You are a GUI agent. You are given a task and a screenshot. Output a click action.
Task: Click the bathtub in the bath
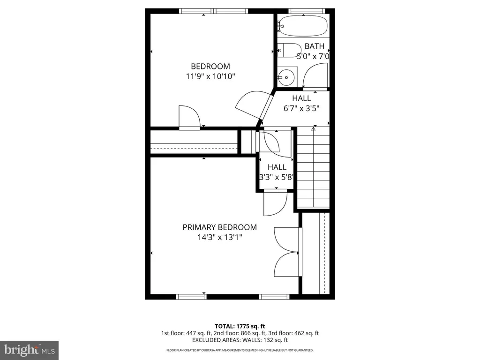coord(303,26)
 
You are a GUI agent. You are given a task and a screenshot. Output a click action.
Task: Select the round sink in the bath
coord(286,77)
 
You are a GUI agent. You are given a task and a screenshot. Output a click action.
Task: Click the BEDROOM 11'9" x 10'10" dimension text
coord(210,76)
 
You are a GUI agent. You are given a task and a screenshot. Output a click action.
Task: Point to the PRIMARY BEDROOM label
coord(219,227)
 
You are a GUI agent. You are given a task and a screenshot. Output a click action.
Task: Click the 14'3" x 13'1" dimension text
coord(219,237)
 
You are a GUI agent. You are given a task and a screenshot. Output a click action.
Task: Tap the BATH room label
coord(315,46)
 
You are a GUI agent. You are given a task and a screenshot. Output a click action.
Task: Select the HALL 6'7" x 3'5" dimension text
coord(301,108)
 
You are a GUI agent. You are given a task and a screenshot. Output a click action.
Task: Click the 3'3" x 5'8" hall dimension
coord(277,177)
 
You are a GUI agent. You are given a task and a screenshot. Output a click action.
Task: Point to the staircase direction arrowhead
coord(313,129)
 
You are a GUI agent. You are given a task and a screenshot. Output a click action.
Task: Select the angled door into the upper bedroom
coord(253,104)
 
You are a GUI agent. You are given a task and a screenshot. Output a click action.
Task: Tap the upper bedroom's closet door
coord(189,117)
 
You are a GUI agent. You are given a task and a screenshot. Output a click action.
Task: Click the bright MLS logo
coord(30,350)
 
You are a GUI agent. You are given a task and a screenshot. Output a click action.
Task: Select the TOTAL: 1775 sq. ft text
coord(240,326)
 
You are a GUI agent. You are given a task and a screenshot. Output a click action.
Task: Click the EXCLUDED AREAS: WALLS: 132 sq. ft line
coord(240,340)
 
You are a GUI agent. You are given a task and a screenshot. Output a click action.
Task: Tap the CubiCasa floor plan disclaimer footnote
coord(240,350)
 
